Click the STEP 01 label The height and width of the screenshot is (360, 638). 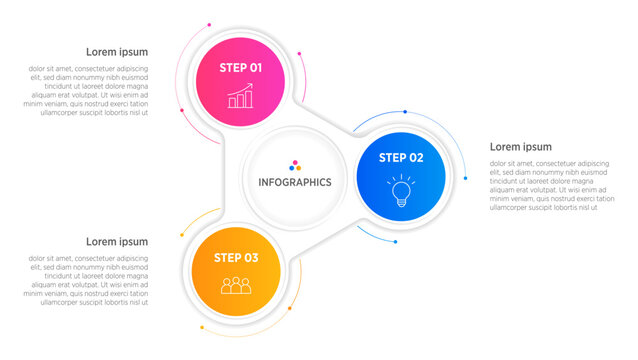click(240, 68)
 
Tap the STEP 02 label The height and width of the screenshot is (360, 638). click(401, 157)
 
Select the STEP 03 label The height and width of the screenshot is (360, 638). click(236, 258)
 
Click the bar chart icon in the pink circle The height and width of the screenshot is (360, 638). click(240, 96)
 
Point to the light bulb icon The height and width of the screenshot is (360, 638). click(401, 190)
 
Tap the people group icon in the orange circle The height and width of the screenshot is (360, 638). click(236, 286)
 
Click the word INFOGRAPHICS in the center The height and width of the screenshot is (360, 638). click(295, 182)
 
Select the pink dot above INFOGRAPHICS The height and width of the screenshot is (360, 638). click(295, 162)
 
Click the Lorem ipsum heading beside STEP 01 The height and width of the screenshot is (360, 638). click(117, 52)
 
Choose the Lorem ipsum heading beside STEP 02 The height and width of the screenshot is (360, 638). click(520, 147)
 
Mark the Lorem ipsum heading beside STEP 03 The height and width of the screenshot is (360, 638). click(117, 241)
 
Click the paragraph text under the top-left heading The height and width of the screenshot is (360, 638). click(88, 90)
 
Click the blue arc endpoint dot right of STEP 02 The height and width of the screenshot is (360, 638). click(465, 178)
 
